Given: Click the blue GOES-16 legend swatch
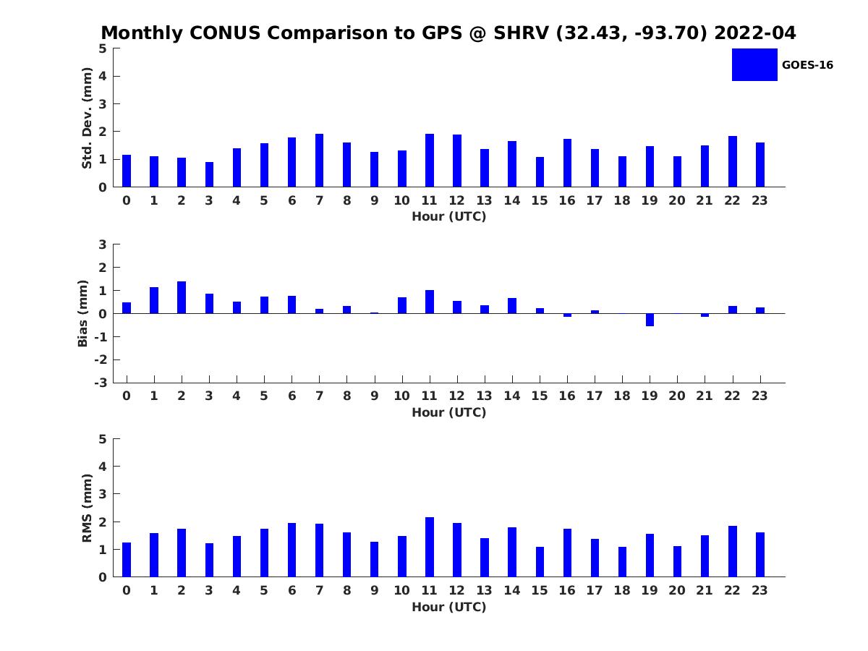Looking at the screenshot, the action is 754,64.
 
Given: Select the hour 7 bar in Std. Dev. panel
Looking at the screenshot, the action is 319,160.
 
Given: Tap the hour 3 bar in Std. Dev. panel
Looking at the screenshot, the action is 209,174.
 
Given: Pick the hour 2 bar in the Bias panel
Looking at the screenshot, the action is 182,297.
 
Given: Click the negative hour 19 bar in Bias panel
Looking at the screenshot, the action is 650,320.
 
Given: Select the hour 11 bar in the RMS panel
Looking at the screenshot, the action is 430,547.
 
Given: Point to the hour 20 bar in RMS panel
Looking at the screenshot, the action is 677,561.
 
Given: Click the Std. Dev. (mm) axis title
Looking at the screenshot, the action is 87,118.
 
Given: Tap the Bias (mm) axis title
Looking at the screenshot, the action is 82,313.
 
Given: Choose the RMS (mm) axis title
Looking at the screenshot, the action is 87,508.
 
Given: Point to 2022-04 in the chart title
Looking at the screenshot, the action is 755,33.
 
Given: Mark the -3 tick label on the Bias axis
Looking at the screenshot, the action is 101,383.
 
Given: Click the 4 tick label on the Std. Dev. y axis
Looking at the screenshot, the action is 103,76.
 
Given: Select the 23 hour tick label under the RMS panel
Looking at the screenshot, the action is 759,590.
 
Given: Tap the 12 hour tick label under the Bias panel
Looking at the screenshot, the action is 456,396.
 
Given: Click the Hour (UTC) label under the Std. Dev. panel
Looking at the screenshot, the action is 449,216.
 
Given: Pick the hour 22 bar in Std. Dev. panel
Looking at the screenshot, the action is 732,161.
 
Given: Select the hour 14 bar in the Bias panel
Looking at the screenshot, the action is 512,305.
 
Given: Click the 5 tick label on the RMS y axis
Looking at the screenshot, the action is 103,439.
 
